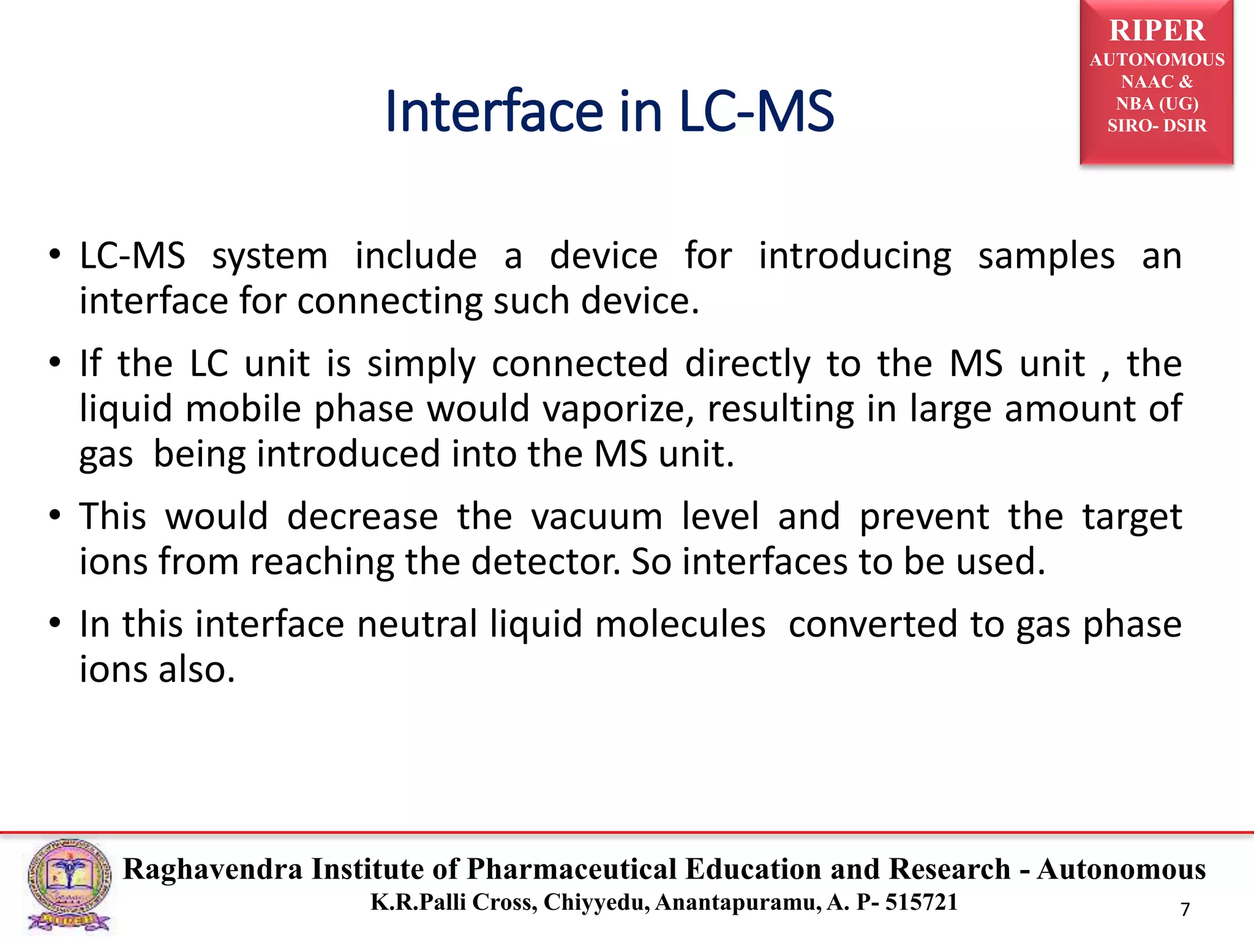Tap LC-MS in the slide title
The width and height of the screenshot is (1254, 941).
coord(756,111)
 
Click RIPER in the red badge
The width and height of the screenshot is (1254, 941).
coord(1157,31)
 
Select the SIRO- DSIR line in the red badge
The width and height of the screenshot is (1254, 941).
coord(1157,126)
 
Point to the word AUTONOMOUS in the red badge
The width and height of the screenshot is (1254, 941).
coord(1157,59)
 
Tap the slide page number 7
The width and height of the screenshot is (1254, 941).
coord(1185,909)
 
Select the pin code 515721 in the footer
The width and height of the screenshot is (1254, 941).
coord(922,902)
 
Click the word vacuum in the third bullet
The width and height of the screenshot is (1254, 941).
coord(596,516)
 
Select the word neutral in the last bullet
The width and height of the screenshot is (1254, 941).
coord(417,624)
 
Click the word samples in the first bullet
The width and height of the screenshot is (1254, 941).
coord(1046,256)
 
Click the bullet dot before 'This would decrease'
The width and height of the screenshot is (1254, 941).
coord(55,515)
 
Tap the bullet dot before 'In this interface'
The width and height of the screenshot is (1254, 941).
coord(55,623)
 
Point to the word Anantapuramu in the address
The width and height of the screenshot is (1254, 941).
coord(738,902)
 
